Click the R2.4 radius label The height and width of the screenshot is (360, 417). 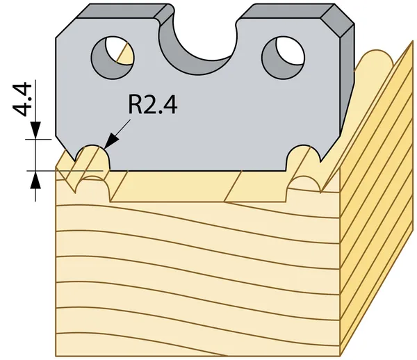pos(152,104)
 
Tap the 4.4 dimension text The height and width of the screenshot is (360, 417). pos(22,99)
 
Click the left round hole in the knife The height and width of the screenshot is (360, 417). pos(113,58)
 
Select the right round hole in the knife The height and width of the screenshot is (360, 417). pos(284,58)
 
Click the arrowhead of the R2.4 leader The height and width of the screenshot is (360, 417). pos(111,142)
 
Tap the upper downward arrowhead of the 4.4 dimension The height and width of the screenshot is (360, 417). pos(35,130)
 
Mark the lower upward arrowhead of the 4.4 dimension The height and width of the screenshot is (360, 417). pos(35,180)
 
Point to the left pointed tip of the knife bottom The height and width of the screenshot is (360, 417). pos(75,161)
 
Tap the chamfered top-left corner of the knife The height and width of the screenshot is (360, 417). pos(66,28)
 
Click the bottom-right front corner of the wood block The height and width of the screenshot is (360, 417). pos(341,356)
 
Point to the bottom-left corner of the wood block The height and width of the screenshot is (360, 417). pos(56,356)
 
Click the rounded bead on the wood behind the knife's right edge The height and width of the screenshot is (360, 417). pos(375,60)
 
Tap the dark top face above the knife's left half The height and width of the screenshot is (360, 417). pos(125,11)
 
